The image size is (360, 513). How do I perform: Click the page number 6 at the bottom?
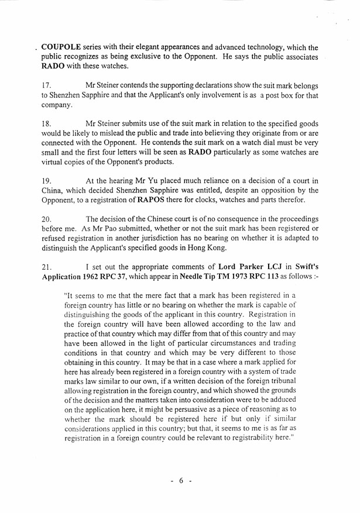181,481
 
